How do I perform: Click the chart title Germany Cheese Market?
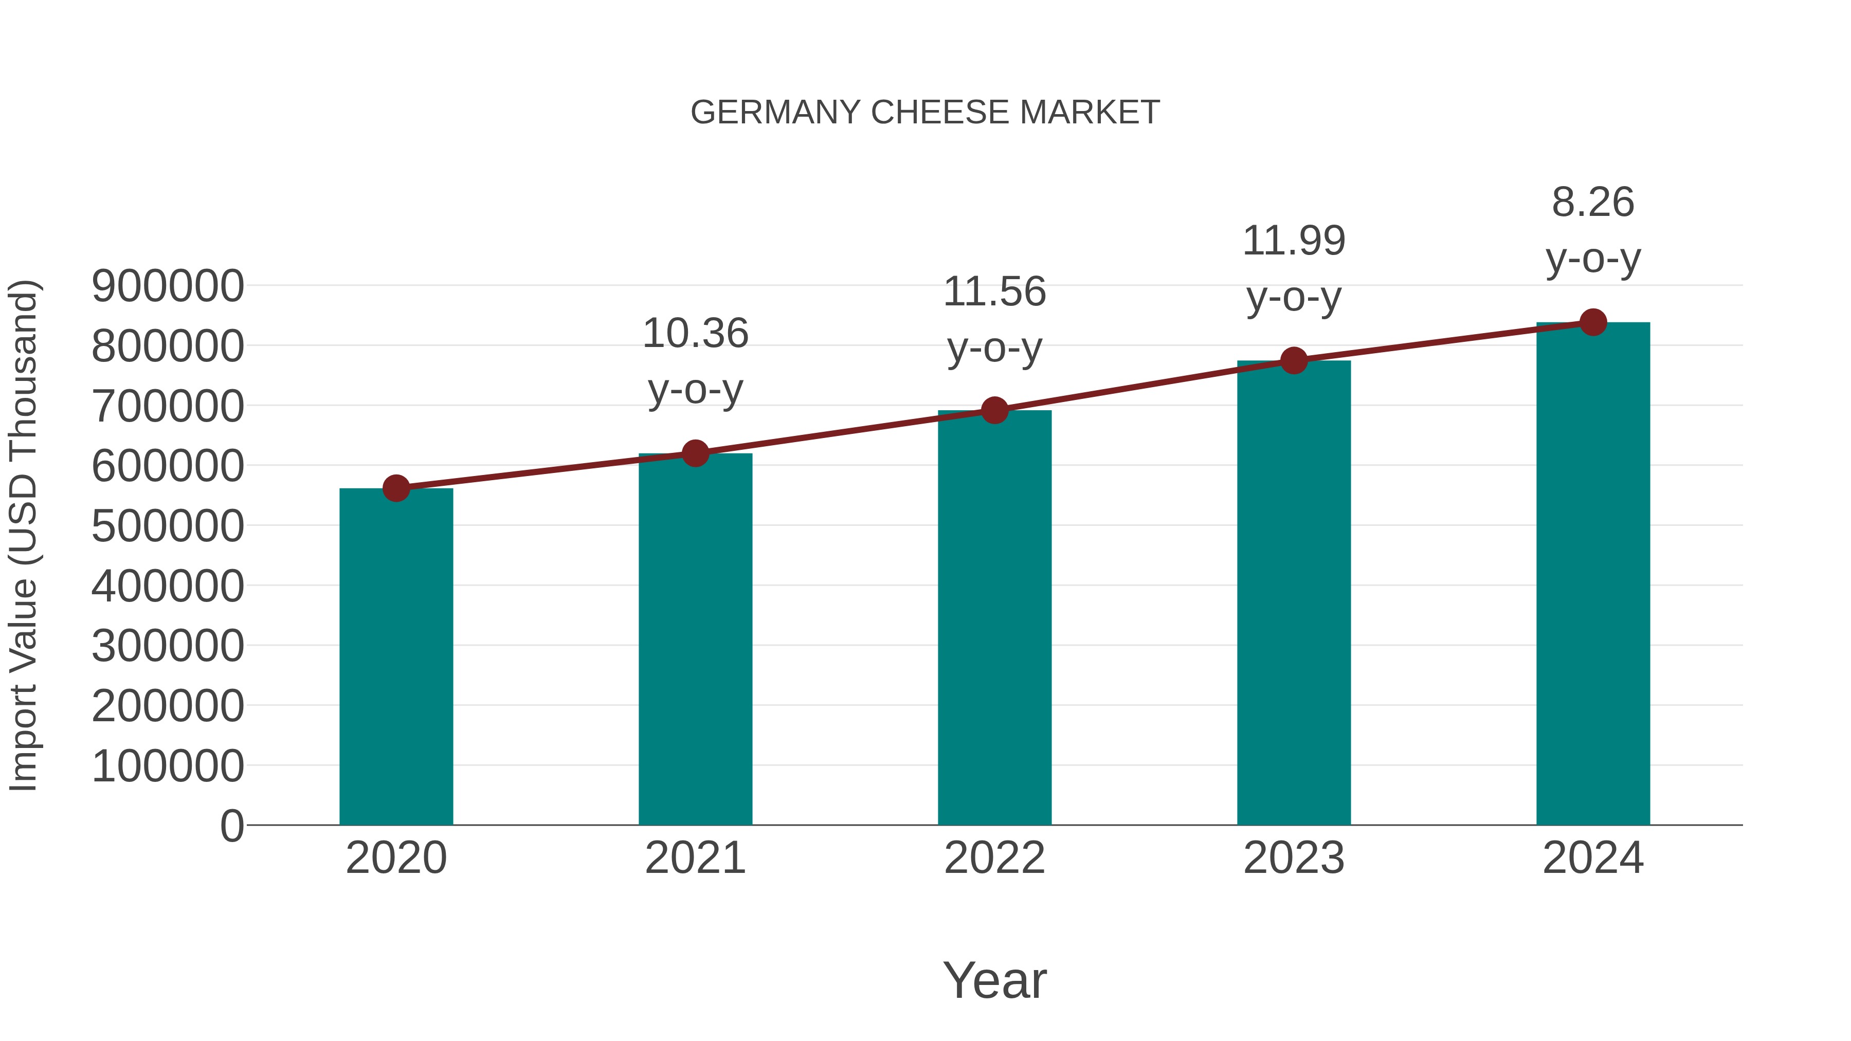[925, 113]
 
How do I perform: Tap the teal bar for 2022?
[994, 618]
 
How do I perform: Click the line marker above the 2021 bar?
[695, 453]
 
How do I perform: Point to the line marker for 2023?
[1294, 361]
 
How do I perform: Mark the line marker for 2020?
[396, 488]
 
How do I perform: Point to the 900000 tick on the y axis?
[168, 286]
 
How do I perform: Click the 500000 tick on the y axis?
[168, 526]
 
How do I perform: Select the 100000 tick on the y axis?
[168, 766]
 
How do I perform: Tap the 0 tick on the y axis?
[231, 826]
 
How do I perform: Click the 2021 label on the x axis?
[695, 858]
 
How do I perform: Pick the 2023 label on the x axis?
[1294, 858]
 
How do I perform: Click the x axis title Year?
[994, 980]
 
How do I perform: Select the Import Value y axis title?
[23, 536]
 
